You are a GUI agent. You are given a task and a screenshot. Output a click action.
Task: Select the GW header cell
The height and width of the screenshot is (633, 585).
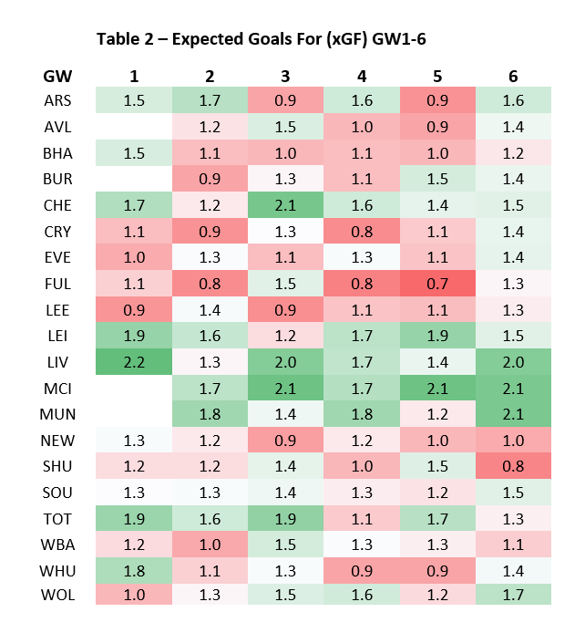point(57,76)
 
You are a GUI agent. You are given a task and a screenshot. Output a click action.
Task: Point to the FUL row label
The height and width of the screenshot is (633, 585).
point(57,285)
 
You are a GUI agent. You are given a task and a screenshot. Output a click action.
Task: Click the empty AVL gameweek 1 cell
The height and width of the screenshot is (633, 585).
point(134,126)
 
